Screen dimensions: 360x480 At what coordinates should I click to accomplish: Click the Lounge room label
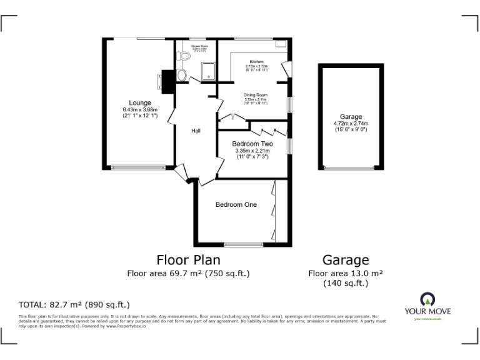(x=140, y=103)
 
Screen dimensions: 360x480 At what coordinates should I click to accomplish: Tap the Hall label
(x=196, y=131)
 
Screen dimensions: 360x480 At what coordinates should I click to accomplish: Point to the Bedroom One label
(x=236, y=205)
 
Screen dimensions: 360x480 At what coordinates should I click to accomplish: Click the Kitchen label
(x=256, y=61)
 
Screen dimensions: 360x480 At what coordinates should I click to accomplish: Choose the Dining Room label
(x=256, y=95)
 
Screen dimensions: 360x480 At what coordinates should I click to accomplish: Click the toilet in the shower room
(x=184, y=56)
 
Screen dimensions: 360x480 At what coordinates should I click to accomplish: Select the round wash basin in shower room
(x=181, y=76)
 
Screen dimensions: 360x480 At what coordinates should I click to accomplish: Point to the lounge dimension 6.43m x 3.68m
(x=140, y=110)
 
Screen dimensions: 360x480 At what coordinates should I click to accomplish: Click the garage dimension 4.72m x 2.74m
(x=351, y=124)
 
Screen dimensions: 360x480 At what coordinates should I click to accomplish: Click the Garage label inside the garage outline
(x=351, y=117)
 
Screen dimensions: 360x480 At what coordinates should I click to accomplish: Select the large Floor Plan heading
(x=188, y=259)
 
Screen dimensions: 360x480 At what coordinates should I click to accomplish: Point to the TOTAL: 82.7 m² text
(x=74, y=305)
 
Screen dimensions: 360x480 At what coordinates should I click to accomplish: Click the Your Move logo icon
(x=427, y=298)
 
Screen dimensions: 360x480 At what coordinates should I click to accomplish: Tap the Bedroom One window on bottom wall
(x=244, y=244)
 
